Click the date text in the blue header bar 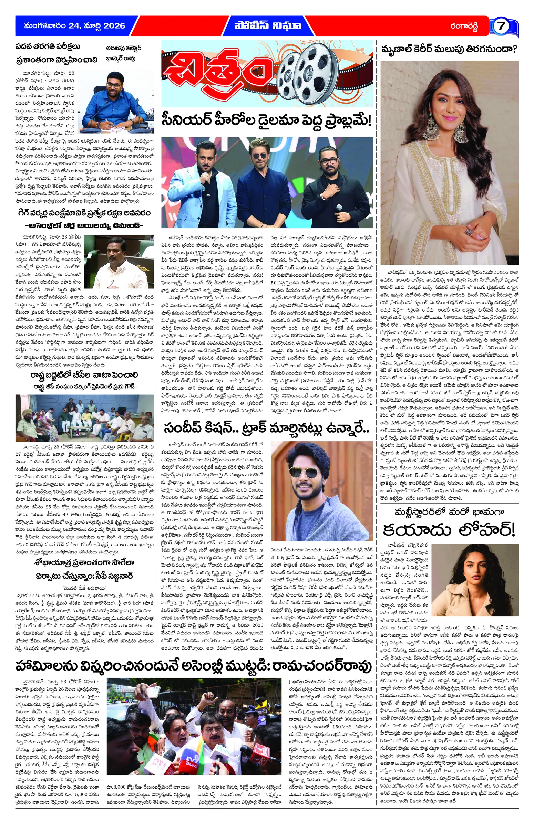coord(75,26)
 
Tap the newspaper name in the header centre coord(267,26)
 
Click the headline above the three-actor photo coord(266,121)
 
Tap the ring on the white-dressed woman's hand coord(470,232)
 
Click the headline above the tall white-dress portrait coord(449,50)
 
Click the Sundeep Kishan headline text coord(266,429)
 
